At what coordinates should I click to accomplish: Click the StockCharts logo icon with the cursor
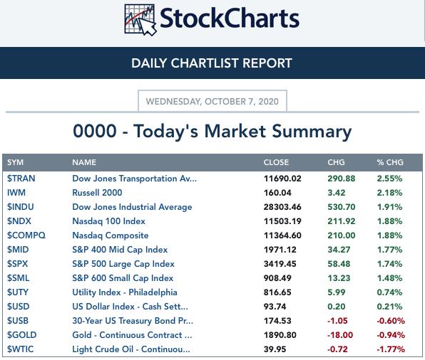140,20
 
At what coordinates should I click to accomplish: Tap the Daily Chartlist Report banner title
212,63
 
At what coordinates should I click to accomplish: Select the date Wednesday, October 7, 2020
212,102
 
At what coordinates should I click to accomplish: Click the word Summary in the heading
312,132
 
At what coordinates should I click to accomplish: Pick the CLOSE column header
276,162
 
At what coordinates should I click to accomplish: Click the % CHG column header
390,162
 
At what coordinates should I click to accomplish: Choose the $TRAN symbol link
21,179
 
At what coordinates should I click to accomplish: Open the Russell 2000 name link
97,193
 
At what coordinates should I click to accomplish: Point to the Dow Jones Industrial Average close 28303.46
282,207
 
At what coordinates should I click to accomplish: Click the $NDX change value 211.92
342,221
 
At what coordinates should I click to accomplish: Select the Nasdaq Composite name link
111,235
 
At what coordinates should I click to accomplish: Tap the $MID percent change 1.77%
389,250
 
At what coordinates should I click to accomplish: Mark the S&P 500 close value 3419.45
280,264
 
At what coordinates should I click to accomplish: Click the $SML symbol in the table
18,278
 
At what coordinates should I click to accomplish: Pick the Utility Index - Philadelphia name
125,292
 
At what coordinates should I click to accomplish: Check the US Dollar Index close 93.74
275,307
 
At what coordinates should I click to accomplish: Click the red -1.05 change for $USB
337,321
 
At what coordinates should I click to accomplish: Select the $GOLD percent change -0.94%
391,335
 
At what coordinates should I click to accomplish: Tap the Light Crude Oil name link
131,349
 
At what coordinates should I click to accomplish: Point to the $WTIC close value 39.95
275,349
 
